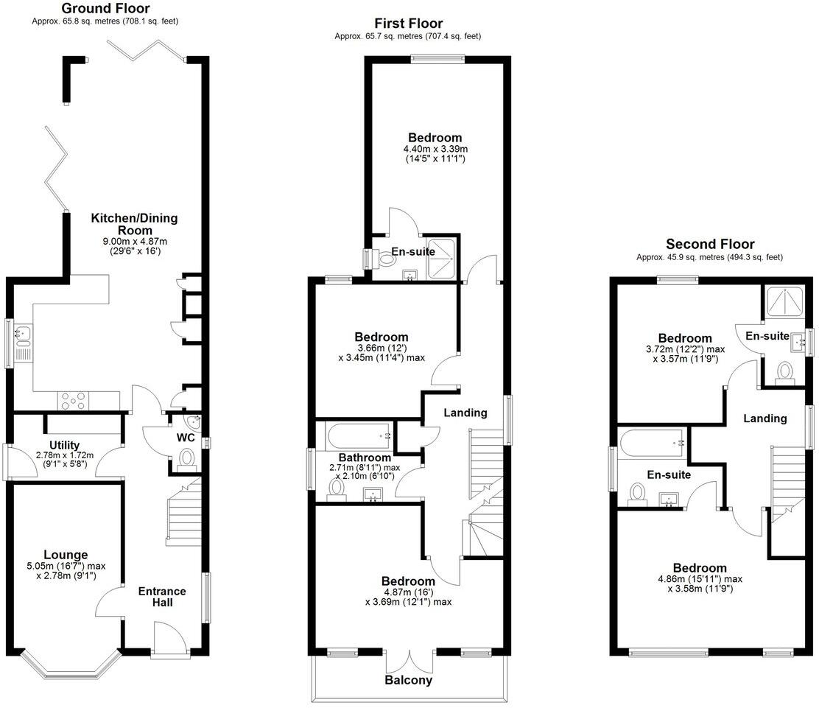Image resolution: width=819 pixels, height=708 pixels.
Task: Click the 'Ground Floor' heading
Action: pyautogui.click(x=105, y=9)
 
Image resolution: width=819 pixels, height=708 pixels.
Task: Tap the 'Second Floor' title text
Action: pyautogui.click(x=710, y=244)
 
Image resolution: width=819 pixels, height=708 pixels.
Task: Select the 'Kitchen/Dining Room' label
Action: pyautogui.click(x=134, y=224)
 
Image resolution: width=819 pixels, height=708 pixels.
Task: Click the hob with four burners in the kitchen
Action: pyautogui.click(x=74, y=400)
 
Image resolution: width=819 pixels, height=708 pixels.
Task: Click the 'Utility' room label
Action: pyautogui.click(x=65, y=445)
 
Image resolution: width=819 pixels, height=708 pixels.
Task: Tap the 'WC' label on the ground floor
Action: pyautogui.click(x=186, y=437)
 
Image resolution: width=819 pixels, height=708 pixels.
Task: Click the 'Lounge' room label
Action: pyautogui.click(x=66, y=555)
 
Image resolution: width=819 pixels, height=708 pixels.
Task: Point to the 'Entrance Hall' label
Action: pyautogui.click(x=162, y=597)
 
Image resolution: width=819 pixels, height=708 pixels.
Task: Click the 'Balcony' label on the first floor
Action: pyautogui.click(x=408, y=680)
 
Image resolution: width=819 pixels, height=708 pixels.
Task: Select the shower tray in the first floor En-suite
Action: pyautogui.click(x=441, y=257)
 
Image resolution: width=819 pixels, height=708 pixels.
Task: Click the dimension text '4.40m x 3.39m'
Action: pyautogui.click(x=435, y=149)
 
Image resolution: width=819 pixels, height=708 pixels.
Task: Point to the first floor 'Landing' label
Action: pyautogui.click(x=465, y=413)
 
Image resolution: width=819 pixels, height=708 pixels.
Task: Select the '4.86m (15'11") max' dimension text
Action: pyautogui.click(x=699, y=579)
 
